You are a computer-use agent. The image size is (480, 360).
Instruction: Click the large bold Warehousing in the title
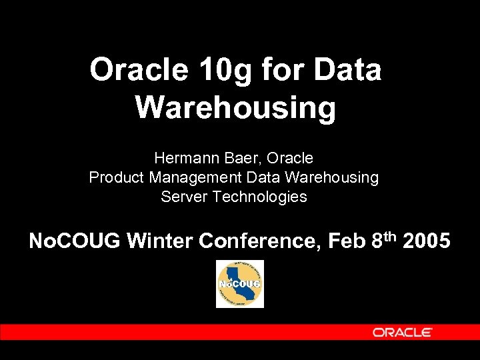coord(235,107)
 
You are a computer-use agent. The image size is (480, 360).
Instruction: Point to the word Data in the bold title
coord(347,70)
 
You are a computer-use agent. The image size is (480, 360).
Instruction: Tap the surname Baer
coord(233,159)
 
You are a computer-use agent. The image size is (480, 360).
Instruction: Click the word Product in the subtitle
coord(117,178)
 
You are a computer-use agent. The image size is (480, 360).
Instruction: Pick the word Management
coord(196,179)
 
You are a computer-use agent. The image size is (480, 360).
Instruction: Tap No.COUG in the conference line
coord(74,241)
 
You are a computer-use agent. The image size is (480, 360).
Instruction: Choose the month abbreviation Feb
coord(347,241)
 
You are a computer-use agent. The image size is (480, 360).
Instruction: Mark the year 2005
coord(427,241)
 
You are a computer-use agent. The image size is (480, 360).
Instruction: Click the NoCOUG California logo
coord(240,284)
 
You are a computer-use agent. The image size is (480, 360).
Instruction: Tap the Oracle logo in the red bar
coord(403,332)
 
